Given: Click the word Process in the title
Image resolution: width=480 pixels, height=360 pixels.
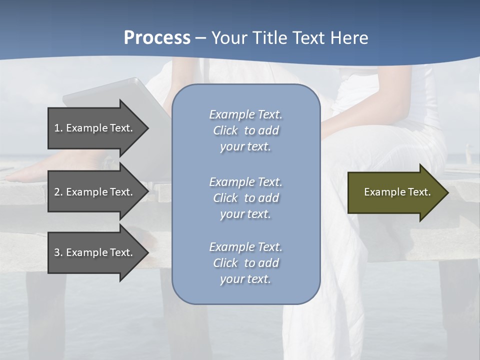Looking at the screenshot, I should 157,38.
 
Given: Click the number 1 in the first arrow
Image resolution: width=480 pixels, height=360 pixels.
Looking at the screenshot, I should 57,128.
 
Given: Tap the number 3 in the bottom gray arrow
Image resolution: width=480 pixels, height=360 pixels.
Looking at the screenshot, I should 57,252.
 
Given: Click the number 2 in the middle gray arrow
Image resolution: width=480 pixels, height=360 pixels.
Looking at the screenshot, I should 57,192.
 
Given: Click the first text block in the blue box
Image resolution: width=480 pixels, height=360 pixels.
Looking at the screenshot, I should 245,130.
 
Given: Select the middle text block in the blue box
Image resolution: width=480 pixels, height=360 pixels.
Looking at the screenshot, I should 245,198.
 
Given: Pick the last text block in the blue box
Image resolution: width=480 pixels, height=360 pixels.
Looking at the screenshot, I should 245,263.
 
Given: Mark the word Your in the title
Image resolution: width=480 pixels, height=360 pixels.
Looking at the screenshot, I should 229,38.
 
